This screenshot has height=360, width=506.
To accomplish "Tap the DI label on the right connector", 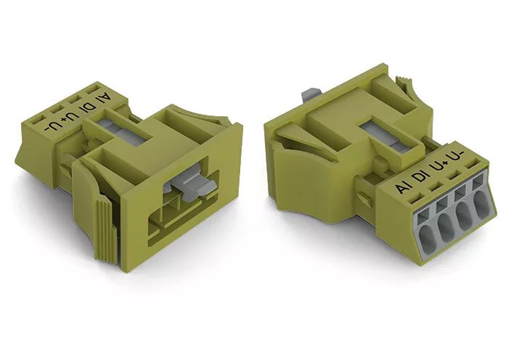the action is (x=421, y=177).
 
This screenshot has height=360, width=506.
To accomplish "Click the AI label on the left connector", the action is (x=105, y=98).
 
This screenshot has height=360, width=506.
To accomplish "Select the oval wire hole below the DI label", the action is (x=446, y=226).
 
